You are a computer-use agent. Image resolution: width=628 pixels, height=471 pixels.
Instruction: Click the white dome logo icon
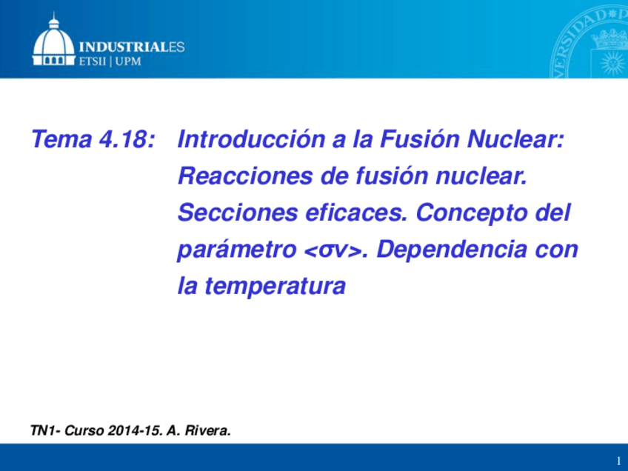coord(53,41)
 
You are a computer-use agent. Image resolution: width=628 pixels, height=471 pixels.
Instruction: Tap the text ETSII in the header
coord(93,62)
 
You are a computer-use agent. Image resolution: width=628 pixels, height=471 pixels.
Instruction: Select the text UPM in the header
coord(127,62)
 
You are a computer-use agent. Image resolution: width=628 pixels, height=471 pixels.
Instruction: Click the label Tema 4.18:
coord(93,139)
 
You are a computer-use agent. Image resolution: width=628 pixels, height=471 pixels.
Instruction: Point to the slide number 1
coord(618,460)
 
